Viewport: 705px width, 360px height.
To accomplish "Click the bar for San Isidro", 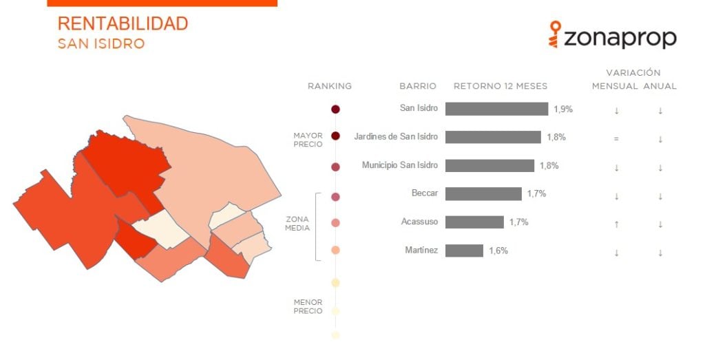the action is coord(497,109).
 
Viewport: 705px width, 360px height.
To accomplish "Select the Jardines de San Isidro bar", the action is coord(493,137).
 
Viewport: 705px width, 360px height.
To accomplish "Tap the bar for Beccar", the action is coord(484,193).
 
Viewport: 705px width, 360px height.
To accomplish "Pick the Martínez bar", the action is coord(465,251).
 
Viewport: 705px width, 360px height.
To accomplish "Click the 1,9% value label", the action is coord(563,109).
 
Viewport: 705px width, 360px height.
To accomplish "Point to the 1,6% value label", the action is coord(498,251).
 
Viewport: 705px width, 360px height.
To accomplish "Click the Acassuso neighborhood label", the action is coord(419,222).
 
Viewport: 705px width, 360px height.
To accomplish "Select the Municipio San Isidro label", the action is coord(400,165).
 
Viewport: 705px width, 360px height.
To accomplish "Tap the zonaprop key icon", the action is coord(555,34).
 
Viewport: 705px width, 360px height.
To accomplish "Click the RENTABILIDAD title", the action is coord(123,23).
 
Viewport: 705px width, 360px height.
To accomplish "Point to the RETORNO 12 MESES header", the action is coord(501,86).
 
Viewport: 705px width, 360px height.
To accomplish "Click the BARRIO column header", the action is coord(418,86).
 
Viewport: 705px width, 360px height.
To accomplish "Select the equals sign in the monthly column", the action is coord(616,139).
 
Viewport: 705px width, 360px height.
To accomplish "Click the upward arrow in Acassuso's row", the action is coord(616,224).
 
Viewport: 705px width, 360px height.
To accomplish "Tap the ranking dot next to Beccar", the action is coord(335,197).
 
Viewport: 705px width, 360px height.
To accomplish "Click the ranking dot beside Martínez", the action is coord(335,251).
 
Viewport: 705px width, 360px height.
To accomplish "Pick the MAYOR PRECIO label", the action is coord(308,140).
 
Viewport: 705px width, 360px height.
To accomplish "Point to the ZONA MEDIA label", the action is coord(297,224).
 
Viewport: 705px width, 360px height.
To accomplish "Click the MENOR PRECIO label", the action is coord(308,306).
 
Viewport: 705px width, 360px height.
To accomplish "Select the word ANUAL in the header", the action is coord(660,86).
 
